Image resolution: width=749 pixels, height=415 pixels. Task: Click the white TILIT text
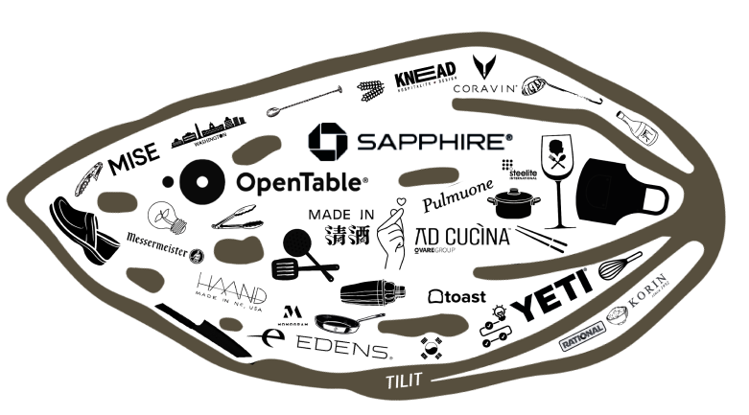point(404,381)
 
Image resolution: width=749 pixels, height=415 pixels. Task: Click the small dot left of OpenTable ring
point(168,180)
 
